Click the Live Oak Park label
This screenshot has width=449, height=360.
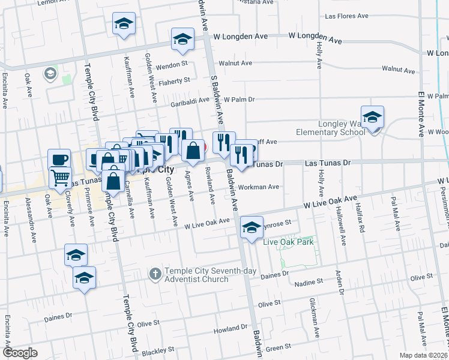coord(289,242)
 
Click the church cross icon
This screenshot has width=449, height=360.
coord(155,274)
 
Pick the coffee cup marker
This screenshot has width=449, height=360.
coord(59,159)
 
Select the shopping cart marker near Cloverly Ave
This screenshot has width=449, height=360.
coord(59,177)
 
